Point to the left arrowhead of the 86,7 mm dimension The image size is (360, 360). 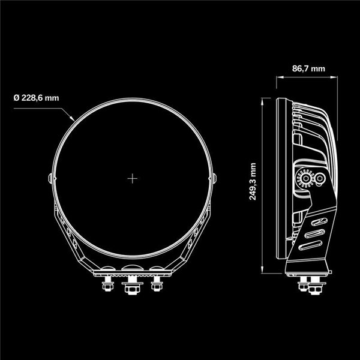[x=278, y=78]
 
